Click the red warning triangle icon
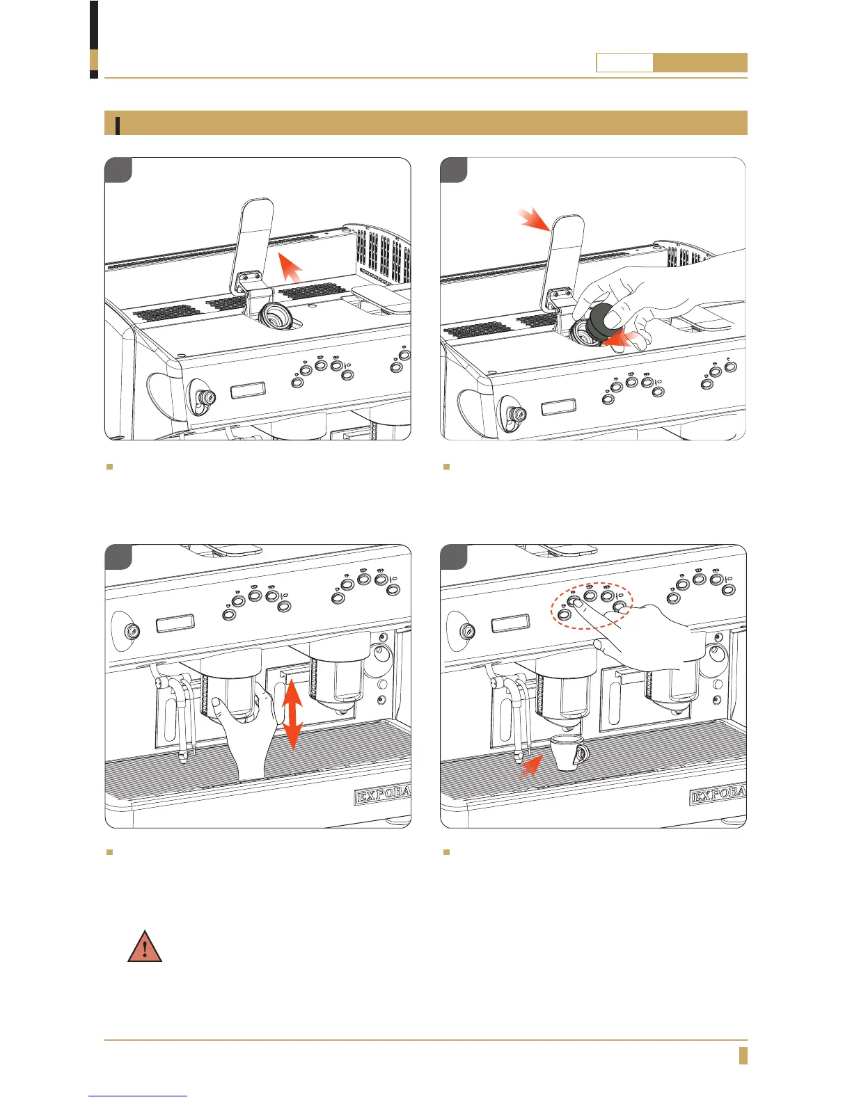[145, 948]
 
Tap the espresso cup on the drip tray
[569, 753]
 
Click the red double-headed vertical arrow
[293, 715]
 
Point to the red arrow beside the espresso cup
[532, 765]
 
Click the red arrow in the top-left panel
[290, 266]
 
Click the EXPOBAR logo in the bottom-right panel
[718, 795]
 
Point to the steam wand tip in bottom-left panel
[182, 756]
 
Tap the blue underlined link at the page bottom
[139, 1095]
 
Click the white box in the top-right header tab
[624, 63]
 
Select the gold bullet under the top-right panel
[447, 467]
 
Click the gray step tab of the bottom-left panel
[118, 557]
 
